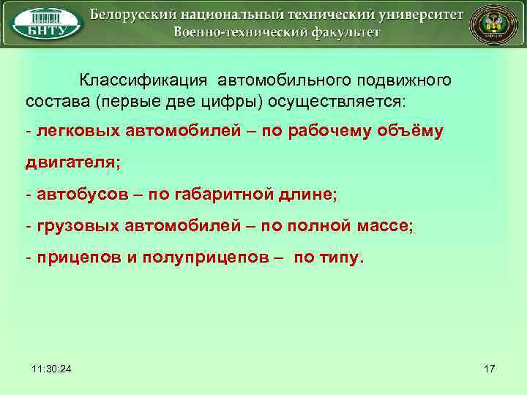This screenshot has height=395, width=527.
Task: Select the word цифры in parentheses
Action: click(x=224, y=99)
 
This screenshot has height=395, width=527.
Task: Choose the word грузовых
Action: click(x=72, y=226)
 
